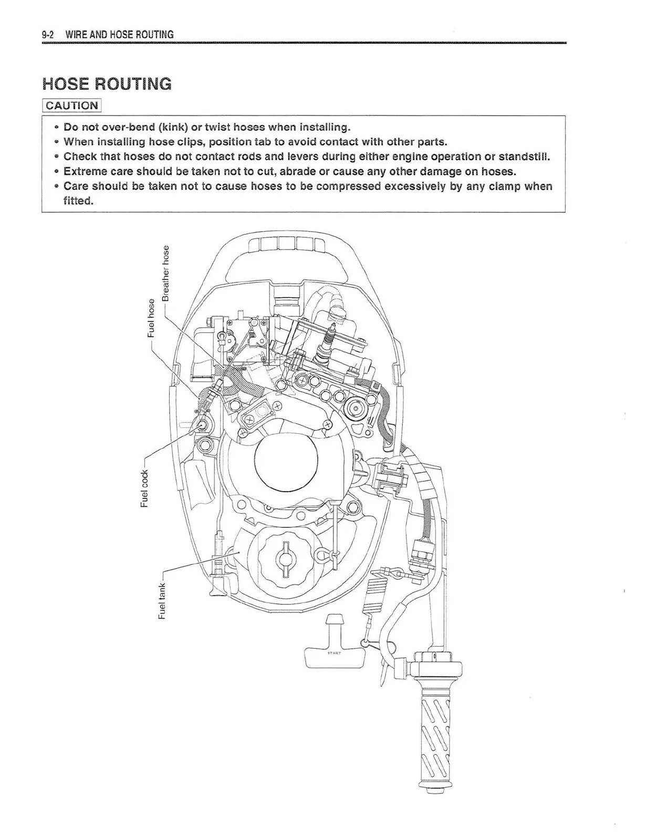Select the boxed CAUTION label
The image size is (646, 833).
(71, 105)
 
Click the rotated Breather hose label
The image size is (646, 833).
(166, 273)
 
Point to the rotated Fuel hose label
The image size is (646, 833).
(151, 318)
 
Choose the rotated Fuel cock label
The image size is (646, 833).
(144, 488)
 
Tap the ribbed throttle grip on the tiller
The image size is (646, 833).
(433, 735)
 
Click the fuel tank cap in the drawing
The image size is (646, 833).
(286, 559)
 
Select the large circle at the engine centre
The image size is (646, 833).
(286, 457)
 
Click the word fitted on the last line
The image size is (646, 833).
(78, 201)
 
